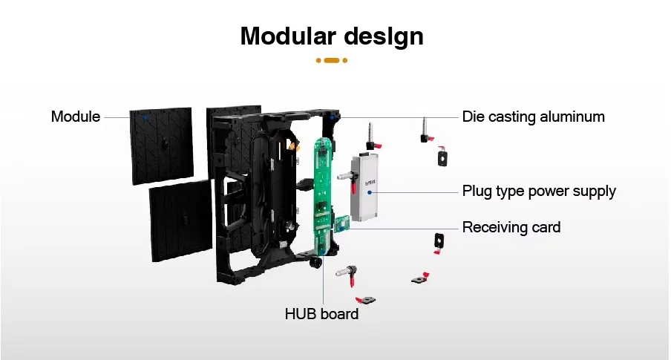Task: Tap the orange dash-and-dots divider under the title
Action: coord(332,60)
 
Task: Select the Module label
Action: coord(75,117)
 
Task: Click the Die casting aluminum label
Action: coord(533,117)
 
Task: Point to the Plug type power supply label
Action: coord(539,191)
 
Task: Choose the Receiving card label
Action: coord(511,226)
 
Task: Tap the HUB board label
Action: coord(321,314)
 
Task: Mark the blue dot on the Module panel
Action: coord(145,117)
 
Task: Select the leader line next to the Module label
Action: coord(117,117)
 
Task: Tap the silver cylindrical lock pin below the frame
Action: coord(344,275)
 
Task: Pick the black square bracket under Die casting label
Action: coord(443,157)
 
